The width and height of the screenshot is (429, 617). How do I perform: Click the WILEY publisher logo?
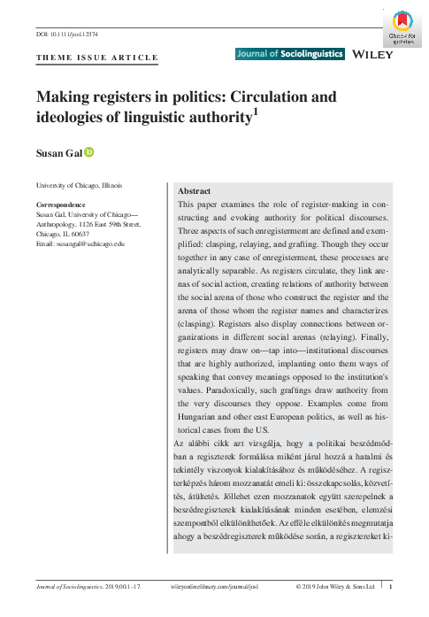[372, 55]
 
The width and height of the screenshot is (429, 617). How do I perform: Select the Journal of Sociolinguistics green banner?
[289, 55]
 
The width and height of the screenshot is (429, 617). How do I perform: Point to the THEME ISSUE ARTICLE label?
[96, 58]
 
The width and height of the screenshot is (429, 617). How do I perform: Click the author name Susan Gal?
[58, 155]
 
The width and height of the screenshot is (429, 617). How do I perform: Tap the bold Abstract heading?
[194, 191]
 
